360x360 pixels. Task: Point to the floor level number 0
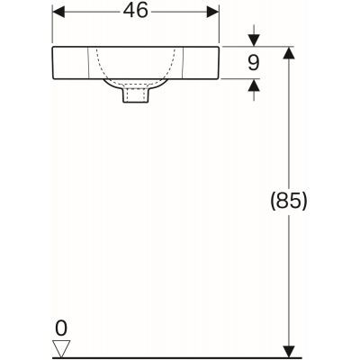pyautogui.click(x=61, y=327)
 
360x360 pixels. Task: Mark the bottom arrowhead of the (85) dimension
pyautogui.click(x=288, y=348)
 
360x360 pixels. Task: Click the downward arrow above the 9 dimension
pyautogui.click(x=253, y=41)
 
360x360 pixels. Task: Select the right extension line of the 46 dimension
pyautogui.click(x=220, y=27)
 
